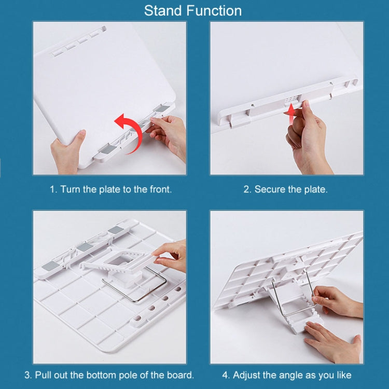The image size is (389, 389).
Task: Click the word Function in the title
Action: (x=214, y=11)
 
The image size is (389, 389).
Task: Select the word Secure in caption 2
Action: (x=270, y=189)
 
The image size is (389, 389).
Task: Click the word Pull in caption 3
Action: (x=43, y=375)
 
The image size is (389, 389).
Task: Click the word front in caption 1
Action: (x=160, y=189)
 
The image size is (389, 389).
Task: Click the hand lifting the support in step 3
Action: (x=171, y=257)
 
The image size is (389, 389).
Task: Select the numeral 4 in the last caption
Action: (x=225, y=375)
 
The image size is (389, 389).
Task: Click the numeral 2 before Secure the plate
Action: (x=247, y=189)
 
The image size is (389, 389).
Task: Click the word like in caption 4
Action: (x=344, y=375)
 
